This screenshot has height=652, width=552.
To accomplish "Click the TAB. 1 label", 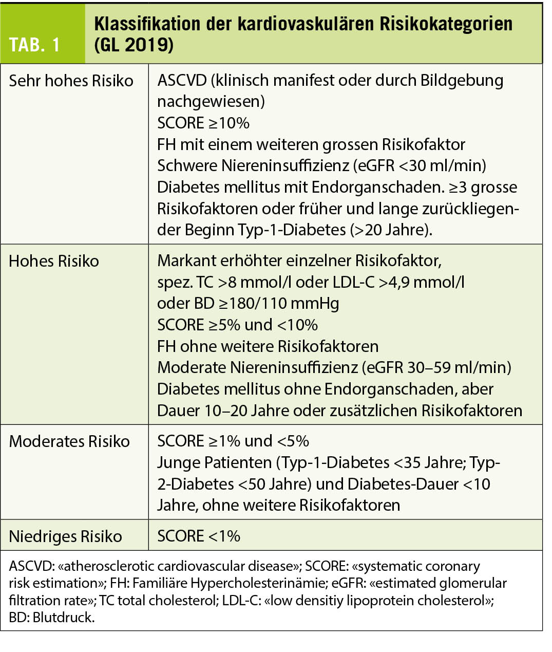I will (x=35, y=45).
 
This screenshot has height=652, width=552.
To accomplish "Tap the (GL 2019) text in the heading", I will (x=134, y=45).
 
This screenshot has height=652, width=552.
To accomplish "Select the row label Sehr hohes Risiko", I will (x=71, y=81).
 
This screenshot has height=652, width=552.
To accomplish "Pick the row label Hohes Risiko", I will (x=54, y=261).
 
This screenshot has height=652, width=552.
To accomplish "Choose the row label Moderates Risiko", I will (x=69, y=441).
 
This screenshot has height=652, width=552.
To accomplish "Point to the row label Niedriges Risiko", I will (x=65, y=536).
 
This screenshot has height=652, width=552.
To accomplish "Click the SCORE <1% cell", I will (x=199, y=536).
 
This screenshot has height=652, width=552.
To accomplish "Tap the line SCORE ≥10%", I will (x=203, y=123).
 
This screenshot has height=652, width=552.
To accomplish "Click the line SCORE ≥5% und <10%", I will (x=237, y=325).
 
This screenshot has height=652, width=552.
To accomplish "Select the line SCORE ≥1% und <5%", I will (x=233, y=441).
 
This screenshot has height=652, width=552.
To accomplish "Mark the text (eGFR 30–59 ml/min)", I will (x=436, y=367).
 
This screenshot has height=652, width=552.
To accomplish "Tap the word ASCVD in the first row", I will (x=182, y=81).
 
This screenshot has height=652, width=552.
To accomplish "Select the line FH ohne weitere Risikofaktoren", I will (x=268, y=346).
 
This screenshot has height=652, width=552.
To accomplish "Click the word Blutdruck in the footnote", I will (x=63, y=617).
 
